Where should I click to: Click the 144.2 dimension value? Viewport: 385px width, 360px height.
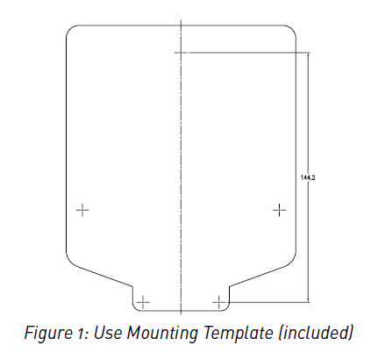pos(308,177)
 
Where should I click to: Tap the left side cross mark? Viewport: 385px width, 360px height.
pos(82,210)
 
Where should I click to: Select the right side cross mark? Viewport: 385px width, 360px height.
pos(280,210)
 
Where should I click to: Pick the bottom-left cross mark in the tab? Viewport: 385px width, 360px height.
pos(143,302)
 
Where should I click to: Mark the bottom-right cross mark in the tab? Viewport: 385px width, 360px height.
pos(219,302)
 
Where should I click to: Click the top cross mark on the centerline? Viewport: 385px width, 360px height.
pos(181,53)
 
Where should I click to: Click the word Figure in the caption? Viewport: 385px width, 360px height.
pos(47,333)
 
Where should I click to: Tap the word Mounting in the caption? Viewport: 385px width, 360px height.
pos(162,333)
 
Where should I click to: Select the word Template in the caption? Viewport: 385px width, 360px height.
pos(238,333)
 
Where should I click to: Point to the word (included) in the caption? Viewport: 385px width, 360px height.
pos(316,333)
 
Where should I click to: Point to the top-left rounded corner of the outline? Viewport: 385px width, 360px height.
pos(70,29)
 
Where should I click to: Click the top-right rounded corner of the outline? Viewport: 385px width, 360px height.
pos(292,29)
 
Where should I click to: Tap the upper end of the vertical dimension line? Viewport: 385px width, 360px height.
pos(309,53)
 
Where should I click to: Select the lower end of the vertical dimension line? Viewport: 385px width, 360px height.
pos(309,302)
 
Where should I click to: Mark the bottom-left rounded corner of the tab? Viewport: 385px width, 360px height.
pos(135,309)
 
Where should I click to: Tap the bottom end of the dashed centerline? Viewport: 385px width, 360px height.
pos(181,314)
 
